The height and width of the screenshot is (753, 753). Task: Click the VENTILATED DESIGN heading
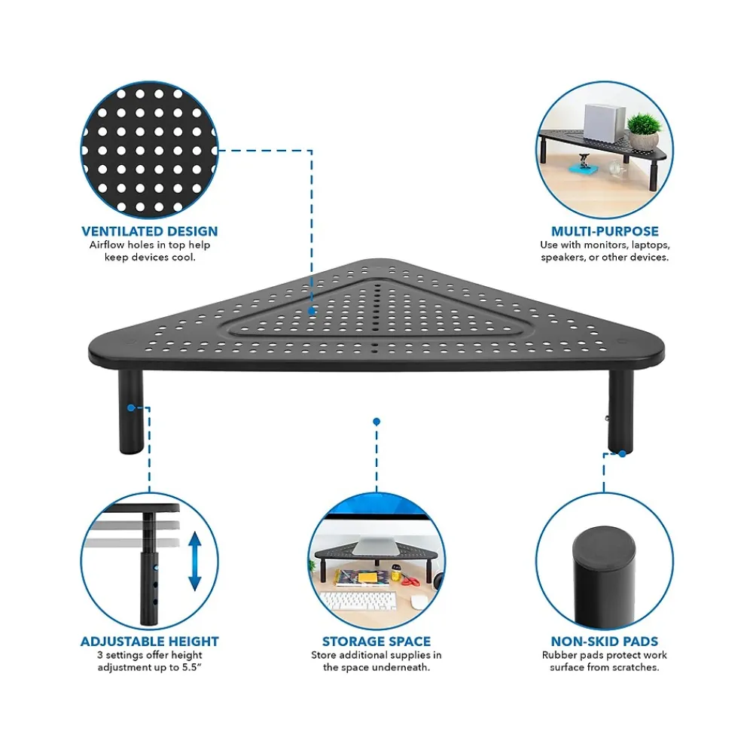click(x=149, y=231)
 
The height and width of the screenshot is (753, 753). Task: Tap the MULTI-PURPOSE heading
click(x=605, y=231)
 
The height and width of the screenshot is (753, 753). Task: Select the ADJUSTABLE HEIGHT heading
click(x=149, y=642)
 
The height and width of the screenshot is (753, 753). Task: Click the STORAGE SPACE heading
click(x=376, y=642)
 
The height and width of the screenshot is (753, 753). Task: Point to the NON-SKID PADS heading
click(x=605, y=642)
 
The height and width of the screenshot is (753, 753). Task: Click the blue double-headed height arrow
click(x=194, y=561)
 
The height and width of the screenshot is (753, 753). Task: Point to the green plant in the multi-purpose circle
click(x=644, y=125)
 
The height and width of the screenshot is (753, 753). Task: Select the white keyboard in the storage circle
click(x=358, y=601)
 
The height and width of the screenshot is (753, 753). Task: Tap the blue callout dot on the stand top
click(x=312, y=311)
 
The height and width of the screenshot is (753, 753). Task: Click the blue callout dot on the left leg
click(x=131, y=407)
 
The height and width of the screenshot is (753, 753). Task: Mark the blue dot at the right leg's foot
click(x=623, y=453)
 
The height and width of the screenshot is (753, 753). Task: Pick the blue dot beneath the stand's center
click(x=376, y=422)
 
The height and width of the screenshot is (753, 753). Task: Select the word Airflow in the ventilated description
click(x=107, y=245)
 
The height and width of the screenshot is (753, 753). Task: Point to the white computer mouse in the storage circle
click(x=419, y=602)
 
